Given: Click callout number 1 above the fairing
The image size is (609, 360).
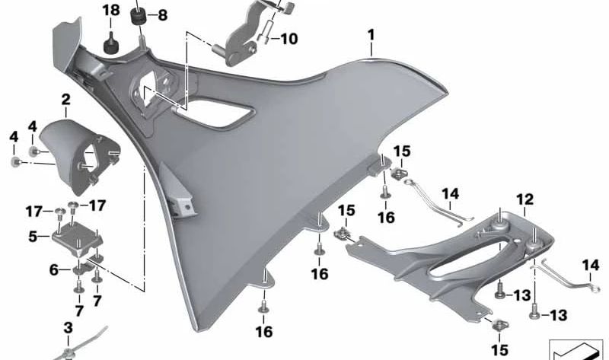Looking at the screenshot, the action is [371, 35].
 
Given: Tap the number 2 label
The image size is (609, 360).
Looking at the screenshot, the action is [66, 100].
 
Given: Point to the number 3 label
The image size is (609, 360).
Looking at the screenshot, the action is [68, 328].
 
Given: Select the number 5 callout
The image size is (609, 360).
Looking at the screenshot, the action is [33, 236].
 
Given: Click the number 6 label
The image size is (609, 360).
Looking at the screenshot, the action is [54, 269].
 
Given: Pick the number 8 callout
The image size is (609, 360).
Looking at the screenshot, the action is [162, 15].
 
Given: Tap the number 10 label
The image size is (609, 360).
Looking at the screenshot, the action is [289, 39].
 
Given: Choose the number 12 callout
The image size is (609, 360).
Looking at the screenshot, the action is [525, 199].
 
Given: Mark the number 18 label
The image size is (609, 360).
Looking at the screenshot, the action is [111, 10].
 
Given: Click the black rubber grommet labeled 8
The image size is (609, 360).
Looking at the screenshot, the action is [138, 17].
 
